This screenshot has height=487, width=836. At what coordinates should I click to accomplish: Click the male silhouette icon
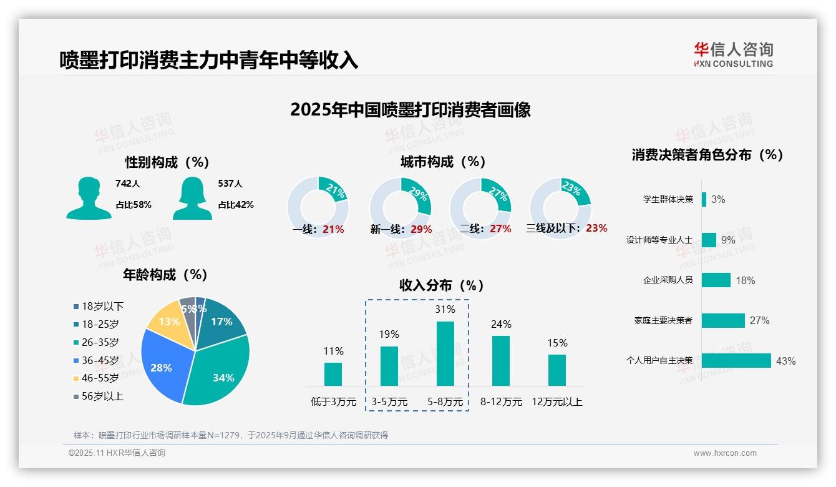pyautogui.click(x=89, y=198)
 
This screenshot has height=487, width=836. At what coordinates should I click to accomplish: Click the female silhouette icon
pyautogui.click(x=192, y=198)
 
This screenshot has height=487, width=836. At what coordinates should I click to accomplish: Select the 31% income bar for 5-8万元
pyautogui.click(x=445, y=353)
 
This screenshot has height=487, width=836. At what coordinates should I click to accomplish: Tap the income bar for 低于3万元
pyautogui.click(x=333, y=374)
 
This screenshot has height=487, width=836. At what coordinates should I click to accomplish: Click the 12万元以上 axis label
pyautogui.click(x=557, y=402)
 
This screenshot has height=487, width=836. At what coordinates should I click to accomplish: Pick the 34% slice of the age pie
pyautogui.click(x=218, y=371)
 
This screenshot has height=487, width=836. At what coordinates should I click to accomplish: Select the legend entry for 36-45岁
pyautogui.click(x=100, y=360)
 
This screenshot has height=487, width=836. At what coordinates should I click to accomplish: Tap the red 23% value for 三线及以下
pyautogui.click(x=596, y=229)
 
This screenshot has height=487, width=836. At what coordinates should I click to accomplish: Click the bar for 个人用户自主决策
pyautogui.click(x=736, y=360)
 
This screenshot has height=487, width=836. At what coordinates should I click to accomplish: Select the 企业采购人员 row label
pyautogui.click(x=668, y=280)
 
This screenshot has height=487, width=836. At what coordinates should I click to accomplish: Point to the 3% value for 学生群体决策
pyautogui.click(x=718, y=200)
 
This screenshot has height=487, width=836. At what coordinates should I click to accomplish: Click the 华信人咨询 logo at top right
pyautogui.click(x=733, y=54)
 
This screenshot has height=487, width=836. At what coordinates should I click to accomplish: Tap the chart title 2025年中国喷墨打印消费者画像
pyautogui.click(x=411, y=110)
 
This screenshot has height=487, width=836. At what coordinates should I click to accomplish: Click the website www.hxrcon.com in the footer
pyautogui.click(x=724, y=453)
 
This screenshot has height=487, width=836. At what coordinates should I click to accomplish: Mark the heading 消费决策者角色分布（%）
pyautogui.click(x=707, y=155)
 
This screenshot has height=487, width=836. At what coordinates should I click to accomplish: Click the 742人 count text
pyautogui.click(x=128, y=184)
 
